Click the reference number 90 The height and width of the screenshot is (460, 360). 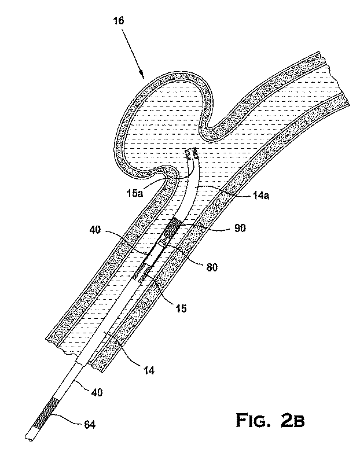point(239,228)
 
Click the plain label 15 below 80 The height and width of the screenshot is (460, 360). point(181,308)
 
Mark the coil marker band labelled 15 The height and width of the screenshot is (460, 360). point(144,268)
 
